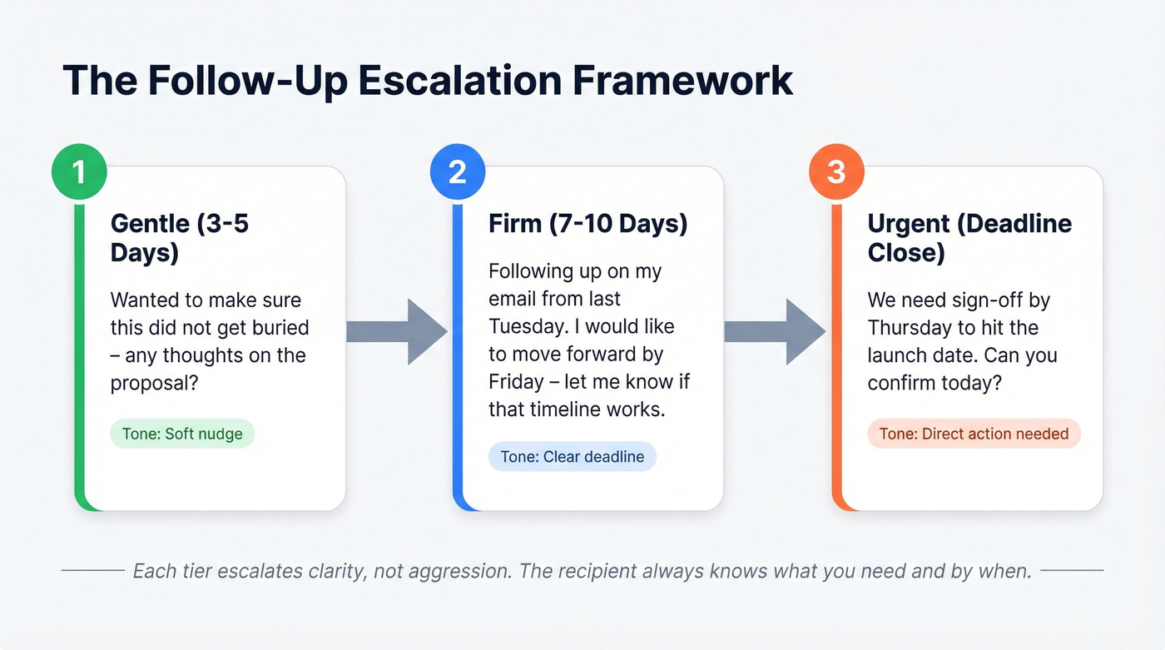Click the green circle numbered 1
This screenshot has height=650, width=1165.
pyautogui.click(x=79, y=172)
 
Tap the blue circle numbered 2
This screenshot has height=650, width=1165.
pyautogui.click(x=457, y=172)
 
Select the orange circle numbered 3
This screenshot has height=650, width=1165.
pyautogui.click(x=836, y=172)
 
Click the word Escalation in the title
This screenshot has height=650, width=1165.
pyautogui.click(x=448, y=81)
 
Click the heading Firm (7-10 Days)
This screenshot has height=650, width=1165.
pyautogui.click(x=587, y=224)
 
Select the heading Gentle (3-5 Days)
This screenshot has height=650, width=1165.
pyautogui.click(x=179, y=237)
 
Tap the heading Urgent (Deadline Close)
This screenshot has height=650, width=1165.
pyautogui.click(x=969, y=237)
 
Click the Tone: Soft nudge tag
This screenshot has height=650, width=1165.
pyautogui.click(x=182, y=434)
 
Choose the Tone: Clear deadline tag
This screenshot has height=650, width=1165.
pyautogui.click(x=572, y=456)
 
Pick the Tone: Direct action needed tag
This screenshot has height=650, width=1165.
pyautogui.click(x=974, y=434)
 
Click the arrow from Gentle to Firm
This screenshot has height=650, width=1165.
pyautogui.click(x=396, y=331)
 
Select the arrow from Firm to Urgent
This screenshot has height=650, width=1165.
pyautogui.click(x=775, y=331)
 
